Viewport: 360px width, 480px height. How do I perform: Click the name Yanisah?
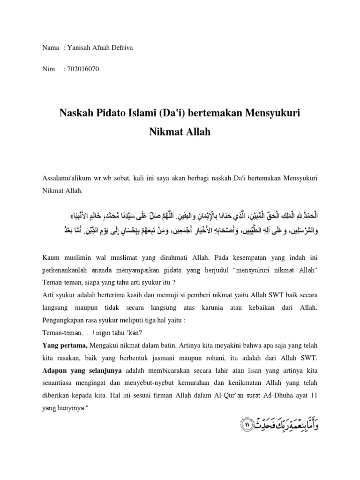point(80,48)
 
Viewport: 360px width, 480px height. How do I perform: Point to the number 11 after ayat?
point(314,393)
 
